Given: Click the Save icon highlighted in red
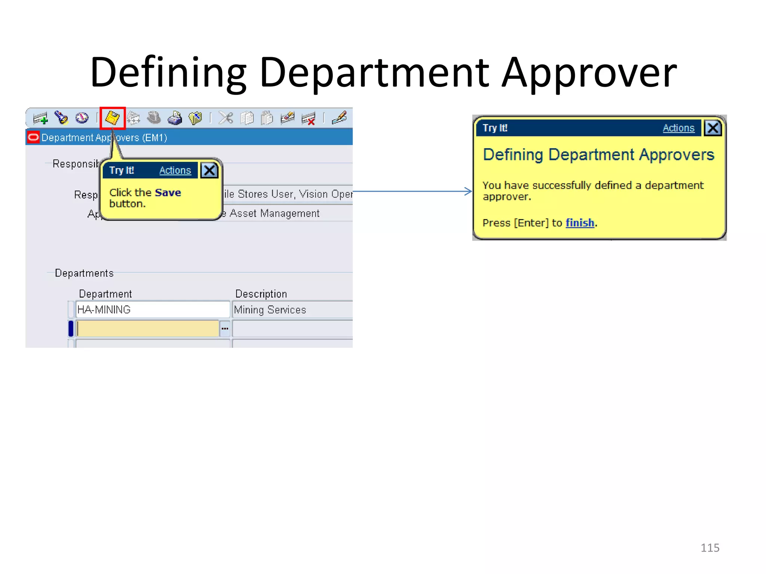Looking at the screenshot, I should click(x=112, y=118).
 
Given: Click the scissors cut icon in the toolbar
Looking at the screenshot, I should click(x=226, y=118).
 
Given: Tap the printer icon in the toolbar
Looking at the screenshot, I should click(x=174, y=118).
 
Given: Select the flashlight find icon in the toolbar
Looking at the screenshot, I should click(x=61, y=118).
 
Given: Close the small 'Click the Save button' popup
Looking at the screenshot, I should click(x=209, y=170).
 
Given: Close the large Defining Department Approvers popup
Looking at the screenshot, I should click(x=713, y=128).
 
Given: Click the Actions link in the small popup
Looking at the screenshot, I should click(x=175, y=170).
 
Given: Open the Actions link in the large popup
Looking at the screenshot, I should click(x=678, y=128).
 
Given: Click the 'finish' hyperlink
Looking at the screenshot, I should click(x=580, y=223).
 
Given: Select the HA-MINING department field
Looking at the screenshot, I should click(x=152, y=309).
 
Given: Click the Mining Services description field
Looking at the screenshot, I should click(x=292, y=310).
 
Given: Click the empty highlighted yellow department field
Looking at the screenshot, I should click(x=148, y=328).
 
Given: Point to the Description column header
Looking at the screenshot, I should click(x=261, y=294).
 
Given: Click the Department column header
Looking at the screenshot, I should click(x=105, y=294).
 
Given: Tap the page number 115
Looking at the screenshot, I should click(x=710, y=548).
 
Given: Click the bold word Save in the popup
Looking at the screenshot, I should click(x=168, y=193).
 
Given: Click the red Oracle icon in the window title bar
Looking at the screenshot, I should click(x=33, y=137).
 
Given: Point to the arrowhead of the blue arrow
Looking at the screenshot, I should click(x=469, y=191).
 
